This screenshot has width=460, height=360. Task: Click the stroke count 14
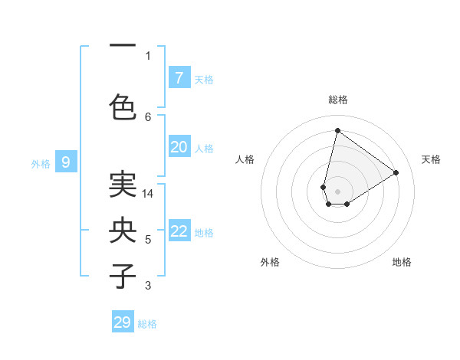click(x=148, y=194)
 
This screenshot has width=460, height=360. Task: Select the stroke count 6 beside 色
click(x=148, y=116)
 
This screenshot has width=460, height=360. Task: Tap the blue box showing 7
click(x=179, y=77)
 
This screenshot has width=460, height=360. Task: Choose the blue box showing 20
click(x=179, y=147)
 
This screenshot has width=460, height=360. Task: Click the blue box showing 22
click(x=179, y=231)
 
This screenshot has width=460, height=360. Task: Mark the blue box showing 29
click(x=123, y=322)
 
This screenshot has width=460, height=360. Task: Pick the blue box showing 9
click(x=66, y=162)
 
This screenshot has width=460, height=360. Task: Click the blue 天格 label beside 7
click(x=204, y=79)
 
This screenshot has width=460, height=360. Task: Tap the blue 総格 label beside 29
click(x=147, y=324)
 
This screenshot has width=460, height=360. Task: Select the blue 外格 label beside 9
click(x=41, y=163)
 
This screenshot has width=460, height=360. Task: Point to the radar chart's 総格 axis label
click(x=338, y=100)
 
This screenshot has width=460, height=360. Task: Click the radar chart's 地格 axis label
click(x=402, y=262)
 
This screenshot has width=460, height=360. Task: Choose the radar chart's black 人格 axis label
click(x=245, y=159)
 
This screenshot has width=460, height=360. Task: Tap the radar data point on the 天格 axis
click(x=396, y=172)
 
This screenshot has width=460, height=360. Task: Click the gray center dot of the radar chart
click(x=337, y=191)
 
